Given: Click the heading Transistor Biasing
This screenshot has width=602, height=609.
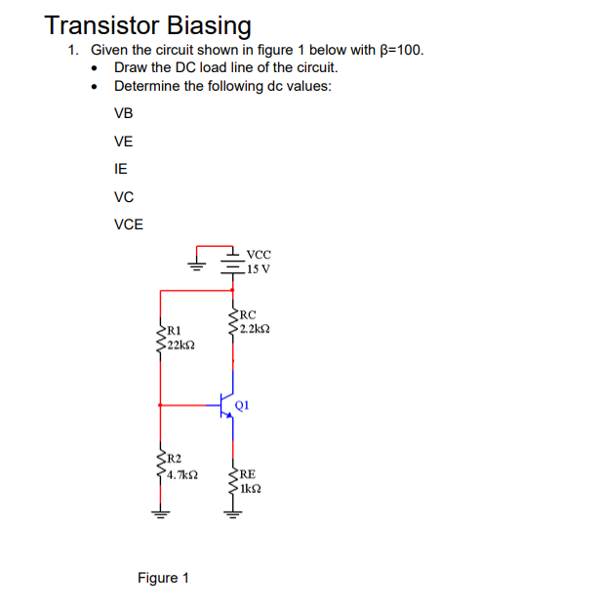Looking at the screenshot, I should click(x=148, y=24).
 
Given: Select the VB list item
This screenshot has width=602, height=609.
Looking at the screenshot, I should click(x=123, y=112).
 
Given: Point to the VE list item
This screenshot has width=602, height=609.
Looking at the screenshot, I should click(x=123, y=141).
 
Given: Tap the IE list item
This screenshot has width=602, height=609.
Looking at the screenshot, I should click(x=121, y=168).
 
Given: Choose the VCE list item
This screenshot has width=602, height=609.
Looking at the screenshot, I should click(x=128, y=224).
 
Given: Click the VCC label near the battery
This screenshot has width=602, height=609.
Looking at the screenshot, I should click(x=259, y=252).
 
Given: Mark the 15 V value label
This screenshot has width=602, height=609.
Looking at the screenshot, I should click(x=259, y=267).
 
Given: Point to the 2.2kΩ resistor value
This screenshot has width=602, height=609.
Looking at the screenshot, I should click(x=256, y=328).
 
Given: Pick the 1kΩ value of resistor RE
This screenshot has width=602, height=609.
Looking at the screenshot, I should click(x=253, y=486).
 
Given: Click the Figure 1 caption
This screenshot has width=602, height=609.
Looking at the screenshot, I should click(x=163, y=578).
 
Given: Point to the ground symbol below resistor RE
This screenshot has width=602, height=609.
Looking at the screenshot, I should click(x=232, y=514).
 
